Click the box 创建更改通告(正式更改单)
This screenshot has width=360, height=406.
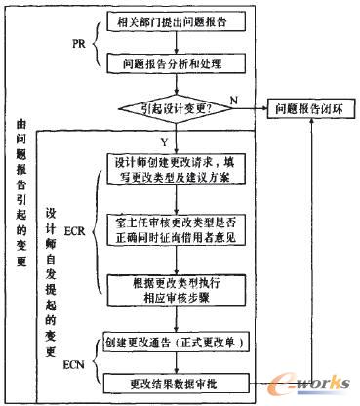(x=176, y=344)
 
